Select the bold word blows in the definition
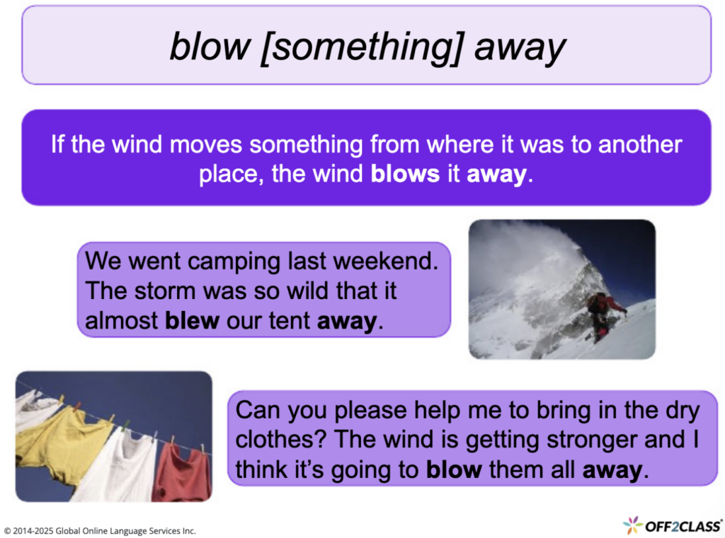tap(405, 173)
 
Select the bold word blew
tap(192, 321)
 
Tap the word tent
tap(290, 321)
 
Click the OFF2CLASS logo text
tap(683, 525)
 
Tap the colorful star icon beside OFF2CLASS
tap(633, 525)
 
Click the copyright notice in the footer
tap(100, 530)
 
